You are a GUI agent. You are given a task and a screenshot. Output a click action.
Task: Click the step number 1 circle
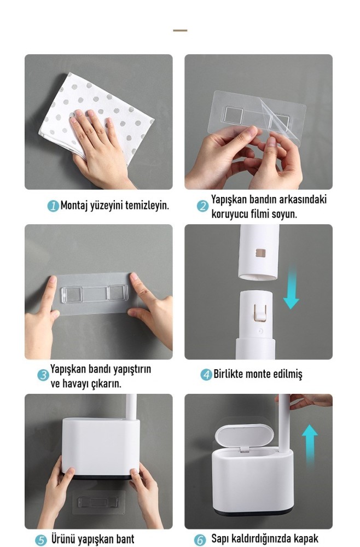[53, 206]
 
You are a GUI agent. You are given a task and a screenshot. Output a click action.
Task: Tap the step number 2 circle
[202, 206]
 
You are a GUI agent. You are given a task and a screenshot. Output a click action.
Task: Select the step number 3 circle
[43, 375]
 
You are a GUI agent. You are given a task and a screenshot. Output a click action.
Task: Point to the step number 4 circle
[206, 375]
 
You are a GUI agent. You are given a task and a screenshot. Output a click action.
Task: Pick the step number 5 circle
[41, 540]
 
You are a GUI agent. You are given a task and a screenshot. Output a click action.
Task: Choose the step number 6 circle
[200, 540]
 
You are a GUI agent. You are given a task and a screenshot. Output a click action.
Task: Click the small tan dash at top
[180, 30]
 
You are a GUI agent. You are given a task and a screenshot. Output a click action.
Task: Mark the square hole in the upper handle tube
[260, 253]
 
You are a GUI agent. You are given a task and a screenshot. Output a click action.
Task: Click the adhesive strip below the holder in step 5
[98, 502]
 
